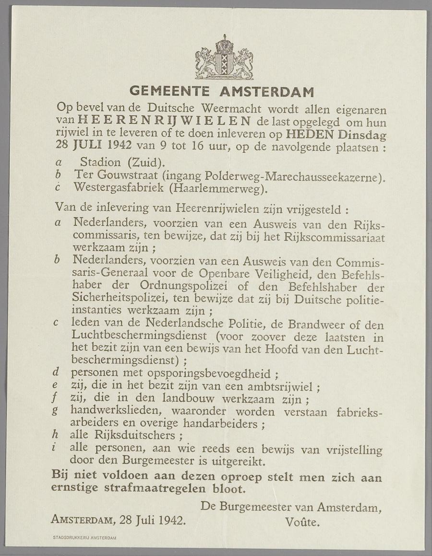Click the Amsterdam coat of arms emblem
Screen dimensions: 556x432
tap(224, 58)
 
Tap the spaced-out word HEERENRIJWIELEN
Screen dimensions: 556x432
tap(164, 120)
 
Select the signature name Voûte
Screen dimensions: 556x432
tap(302, 522)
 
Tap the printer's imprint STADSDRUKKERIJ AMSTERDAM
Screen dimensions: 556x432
tap(84, 538)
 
